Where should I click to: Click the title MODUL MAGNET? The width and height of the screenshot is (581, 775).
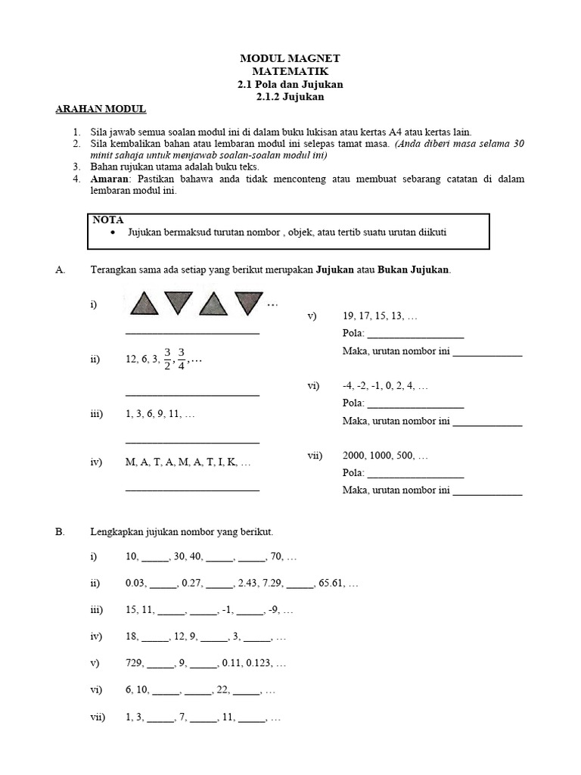(x=290, y=58)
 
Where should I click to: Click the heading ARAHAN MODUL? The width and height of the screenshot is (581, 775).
(x=101, y=109)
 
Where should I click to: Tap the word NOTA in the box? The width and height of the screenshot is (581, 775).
(x=108, y=219)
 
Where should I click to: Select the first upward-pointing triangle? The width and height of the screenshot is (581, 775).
(x=144, y=303)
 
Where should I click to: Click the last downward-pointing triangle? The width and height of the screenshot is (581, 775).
(x=247, y=303)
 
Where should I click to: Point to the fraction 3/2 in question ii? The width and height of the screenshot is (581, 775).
(x=167, y=359)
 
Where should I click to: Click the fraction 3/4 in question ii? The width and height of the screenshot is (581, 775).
(x=182, y=359)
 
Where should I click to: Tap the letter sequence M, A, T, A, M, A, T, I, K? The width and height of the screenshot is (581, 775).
(x=188, y=462)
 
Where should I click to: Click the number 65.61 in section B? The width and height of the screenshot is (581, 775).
(x=329, y=584)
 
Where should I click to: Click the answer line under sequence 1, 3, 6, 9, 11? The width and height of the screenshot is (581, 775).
(x=192, y=441)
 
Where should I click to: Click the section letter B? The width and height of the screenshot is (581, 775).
(x=61, y=532)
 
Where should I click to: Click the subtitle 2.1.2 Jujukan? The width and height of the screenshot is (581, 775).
(x=290, y=96)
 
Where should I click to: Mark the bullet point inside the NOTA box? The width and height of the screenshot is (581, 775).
(x=113, y=233)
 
